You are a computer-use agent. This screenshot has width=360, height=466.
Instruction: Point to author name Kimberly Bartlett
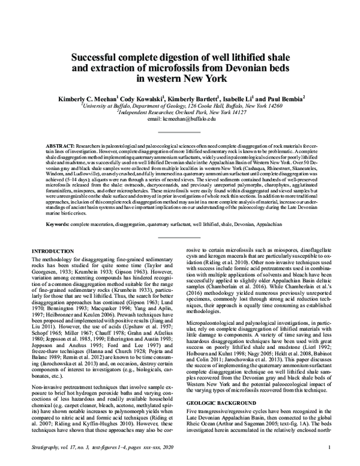pyautogui.click(x=197, y=97)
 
